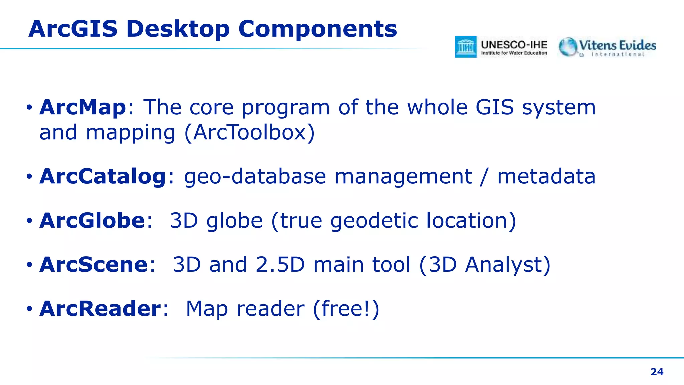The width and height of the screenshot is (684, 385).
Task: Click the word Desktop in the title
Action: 178,29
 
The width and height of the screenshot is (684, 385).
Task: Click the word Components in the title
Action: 318,29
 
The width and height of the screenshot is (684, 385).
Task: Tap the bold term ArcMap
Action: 82,107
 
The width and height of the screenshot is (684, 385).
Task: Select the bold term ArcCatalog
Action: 103,176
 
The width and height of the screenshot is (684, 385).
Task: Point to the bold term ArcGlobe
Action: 92,221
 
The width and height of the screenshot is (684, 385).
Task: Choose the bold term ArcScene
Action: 94,265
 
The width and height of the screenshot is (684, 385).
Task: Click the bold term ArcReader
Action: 100,308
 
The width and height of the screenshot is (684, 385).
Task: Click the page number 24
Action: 657,372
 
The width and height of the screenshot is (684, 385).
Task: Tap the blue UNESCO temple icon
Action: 466,47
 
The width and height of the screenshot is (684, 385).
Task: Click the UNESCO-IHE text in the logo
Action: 514,45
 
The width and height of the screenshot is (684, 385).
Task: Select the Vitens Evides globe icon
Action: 568,47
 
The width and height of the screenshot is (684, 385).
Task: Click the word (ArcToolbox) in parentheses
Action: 249,133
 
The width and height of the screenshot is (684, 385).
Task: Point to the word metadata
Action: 546,176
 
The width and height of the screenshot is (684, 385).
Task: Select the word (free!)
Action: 346,308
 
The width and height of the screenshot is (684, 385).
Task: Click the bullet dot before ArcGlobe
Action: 29,221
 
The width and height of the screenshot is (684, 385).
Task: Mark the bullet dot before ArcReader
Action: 29,309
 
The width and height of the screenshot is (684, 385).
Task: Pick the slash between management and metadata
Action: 484,176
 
